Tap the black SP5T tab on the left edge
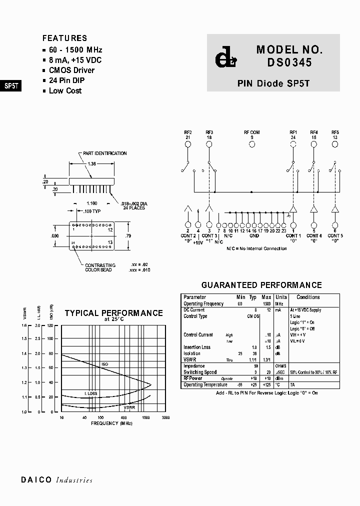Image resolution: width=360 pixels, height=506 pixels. (11, 85)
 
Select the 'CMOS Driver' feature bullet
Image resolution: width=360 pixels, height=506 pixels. (71, 70)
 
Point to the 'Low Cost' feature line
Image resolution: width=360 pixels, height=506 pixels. (65, 90)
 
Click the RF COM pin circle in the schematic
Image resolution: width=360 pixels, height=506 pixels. (252, 144)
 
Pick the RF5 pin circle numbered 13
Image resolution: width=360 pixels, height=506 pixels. (334, 144)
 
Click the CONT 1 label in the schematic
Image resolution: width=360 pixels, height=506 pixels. (293, 235)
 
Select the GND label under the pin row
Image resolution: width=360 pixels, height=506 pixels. (254, 235)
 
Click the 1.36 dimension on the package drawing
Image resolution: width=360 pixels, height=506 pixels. (92, 164)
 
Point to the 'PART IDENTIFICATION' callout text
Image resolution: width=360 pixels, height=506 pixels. (105, 153)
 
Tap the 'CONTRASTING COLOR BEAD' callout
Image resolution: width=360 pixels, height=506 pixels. (100, 267)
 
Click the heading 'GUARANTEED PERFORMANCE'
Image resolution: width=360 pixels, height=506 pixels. (261, 285)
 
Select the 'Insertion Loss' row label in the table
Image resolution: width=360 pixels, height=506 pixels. (197, 347)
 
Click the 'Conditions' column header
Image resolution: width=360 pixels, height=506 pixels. (308, 297)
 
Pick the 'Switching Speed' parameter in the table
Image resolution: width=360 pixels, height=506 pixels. (200, 372)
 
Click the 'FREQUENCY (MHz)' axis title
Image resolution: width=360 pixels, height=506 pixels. (111, 423)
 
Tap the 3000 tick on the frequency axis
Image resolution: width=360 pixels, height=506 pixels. (165, 417)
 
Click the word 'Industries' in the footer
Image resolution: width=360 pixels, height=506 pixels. (74, 480)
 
